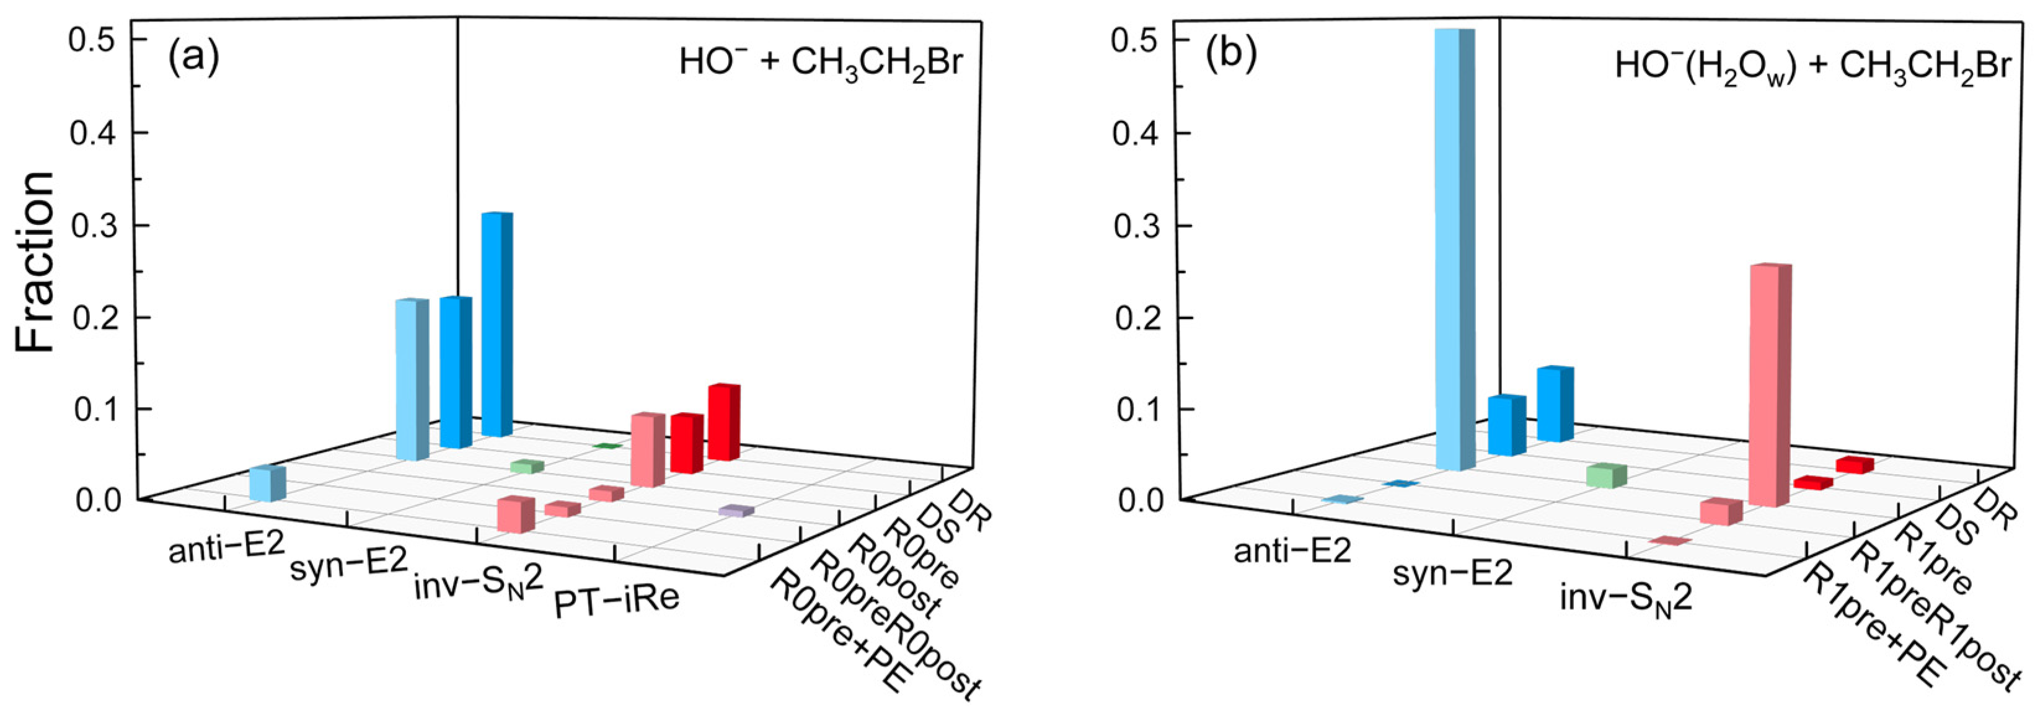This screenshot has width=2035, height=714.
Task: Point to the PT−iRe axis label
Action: [x=617, y=602]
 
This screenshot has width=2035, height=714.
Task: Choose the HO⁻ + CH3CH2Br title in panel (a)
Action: [x=821, y=63]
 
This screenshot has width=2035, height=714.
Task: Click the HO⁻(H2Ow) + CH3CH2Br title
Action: [x=1812, y=64]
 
